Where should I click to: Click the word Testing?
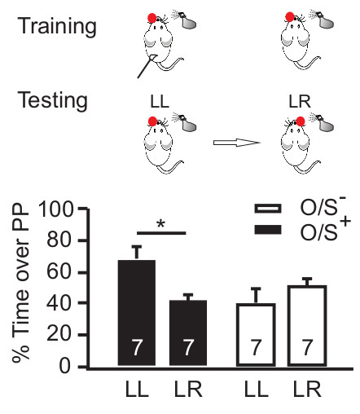(54, 102)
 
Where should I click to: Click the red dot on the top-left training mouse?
(151, 18)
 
